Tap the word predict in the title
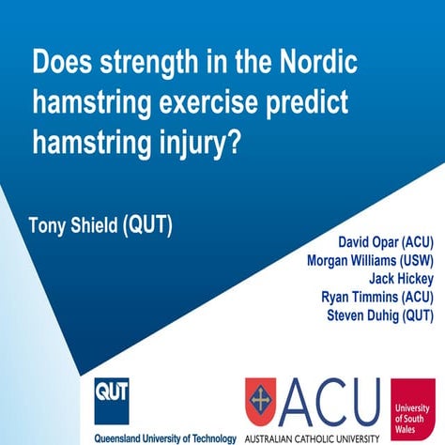(303, 103)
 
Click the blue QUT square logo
(111, 397)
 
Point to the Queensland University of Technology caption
(164, 437)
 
